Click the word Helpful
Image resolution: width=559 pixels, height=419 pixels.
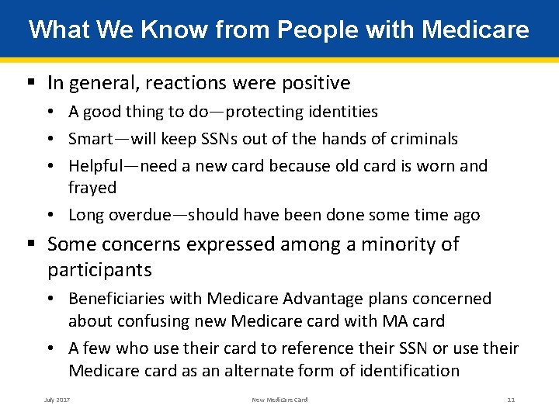coord(96,166)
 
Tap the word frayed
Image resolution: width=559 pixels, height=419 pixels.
coord(92,188)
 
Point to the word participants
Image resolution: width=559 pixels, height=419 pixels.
coord(99,271)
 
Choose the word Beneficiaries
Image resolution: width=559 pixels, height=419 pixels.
coord(119,299)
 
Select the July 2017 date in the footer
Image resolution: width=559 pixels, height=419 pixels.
coord(57,400)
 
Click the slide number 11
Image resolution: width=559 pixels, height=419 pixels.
coord(511,400)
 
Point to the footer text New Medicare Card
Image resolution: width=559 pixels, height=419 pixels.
coord(279,400)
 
